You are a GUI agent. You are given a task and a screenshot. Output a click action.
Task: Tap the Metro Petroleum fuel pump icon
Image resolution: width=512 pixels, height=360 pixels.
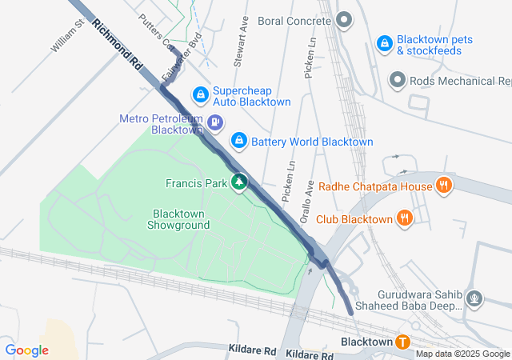pos(215,123)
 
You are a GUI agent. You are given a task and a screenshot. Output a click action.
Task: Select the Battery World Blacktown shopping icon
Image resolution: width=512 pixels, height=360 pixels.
pos(238,141)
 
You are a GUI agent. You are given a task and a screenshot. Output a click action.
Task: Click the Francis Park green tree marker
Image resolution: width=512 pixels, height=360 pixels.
pos(238,183)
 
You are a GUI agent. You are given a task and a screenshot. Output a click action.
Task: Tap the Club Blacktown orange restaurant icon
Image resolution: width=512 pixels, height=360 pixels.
pos(406,218)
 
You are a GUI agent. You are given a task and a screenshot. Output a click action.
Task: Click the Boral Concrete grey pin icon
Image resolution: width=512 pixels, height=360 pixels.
pos(344,19)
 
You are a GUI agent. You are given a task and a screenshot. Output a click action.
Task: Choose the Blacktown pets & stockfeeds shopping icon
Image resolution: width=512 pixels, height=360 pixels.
pos(384,42)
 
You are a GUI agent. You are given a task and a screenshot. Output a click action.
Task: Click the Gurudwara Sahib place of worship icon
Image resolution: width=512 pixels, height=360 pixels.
pos(475,300)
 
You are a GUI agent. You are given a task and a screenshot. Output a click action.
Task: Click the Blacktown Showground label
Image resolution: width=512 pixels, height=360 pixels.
pos(178,219)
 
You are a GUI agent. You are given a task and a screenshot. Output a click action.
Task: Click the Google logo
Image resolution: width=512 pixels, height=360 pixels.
pos(27,350)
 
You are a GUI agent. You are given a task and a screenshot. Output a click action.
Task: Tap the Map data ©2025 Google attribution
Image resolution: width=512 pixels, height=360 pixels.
pos(462,354)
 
